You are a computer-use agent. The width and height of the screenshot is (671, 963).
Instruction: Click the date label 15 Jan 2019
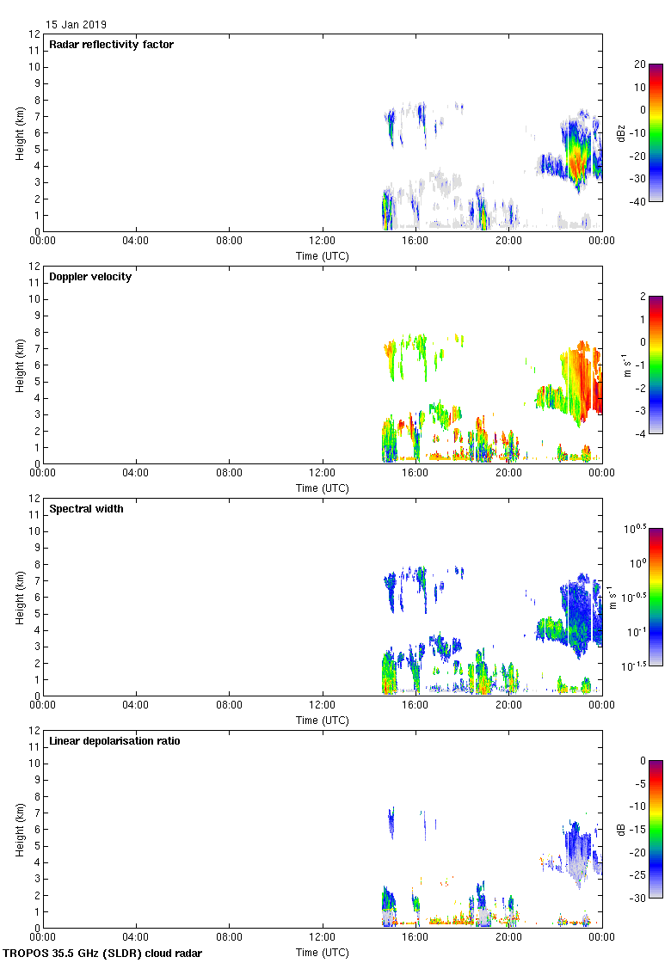[77, 25]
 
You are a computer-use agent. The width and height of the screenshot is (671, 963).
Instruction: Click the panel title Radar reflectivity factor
[111, 45]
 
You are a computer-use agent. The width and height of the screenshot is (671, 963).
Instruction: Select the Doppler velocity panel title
[90, 277]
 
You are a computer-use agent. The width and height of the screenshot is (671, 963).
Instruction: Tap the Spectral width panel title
[86, 509]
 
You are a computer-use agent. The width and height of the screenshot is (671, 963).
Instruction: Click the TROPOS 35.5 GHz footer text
[103, 954]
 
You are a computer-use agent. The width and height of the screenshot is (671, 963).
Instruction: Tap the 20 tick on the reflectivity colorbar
[639, 64]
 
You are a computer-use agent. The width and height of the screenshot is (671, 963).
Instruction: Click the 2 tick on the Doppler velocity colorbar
[640, 297]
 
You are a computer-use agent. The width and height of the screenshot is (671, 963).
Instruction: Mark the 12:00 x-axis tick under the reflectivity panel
[322, 241]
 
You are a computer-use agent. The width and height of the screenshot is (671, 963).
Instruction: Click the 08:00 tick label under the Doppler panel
[229, 473]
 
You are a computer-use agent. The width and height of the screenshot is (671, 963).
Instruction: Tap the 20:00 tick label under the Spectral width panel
[508, 705]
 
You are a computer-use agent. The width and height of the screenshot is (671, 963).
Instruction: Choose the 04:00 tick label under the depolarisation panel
[136, 937]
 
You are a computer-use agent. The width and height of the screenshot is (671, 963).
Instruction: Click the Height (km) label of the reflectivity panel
[19, 132]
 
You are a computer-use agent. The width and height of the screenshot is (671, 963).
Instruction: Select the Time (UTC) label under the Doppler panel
[322, 488]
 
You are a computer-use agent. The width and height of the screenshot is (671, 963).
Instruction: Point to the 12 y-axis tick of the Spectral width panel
[35, 499]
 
